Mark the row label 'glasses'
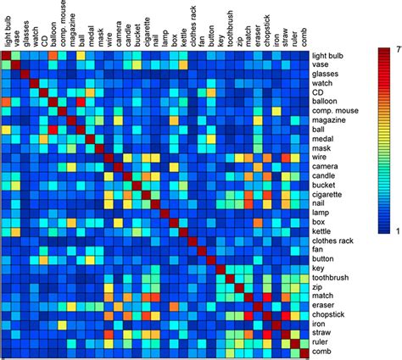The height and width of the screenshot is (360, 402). pos(327,74)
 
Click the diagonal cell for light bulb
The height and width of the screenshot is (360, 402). pos(6,56)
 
